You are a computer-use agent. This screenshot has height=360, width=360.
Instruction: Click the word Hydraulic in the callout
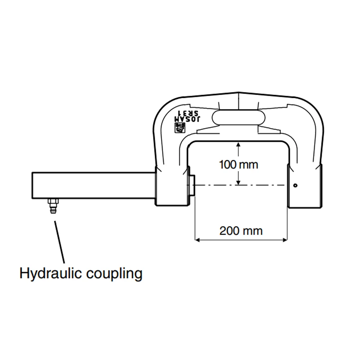pyautogui.click(x=50, y=274)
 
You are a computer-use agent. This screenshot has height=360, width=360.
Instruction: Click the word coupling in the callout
pyautogui.click(x=114, y=274)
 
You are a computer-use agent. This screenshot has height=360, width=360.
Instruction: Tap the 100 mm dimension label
pyautogui.click(x=239, y=165)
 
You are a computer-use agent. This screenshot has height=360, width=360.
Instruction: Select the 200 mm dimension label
pyautogui.click(x=241, y=231)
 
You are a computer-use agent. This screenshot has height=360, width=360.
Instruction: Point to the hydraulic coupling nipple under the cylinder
pyautogui.click(x=53, y=206)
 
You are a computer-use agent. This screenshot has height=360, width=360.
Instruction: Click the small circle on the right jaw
pyautogui.click(x=295, y=185)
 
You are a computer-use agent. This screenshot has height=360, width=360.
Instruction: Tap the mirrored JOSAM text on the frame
pyautogui.click(x=187, y=119)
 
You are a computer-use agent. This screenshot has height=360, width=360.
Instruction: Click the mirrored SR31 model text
pyautogui.click(x=188, y=113)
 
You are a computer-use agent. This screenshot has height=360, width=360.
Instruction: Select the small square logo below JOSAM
pyautogui.click(x=180, y=128)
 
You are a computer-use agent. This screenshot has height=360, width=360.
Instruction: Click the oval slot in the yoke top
pyautogui.click(x=238, y=118)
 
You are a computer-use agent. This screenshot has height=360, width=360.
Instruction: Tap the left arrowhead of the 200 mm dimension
pyautogui.click(x=197, y=240)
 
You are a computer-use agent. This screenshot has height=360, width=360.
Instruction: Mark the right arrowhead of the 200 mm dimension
pyautogui.click(x=285, y=240)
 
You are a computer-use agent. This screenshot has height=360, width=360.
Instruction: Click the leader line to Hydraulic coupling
pyautogui.click(x=59, y=242)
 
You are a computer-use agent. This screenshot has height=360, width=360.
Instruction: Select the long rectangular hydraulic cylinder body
pyautogui.click(x=94, y=185)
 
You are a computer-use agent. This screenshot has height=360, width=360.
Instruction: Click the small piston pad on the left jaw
pyautogui.click(x=192, y=185)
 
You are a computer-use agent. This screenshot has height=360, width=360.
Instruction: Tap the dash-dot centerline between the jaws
pyautogui.click(x=240, y=185)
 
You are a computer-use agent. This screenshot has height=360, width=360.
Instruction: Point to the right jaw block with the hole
pyautogui.click(x=305, y=186)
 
